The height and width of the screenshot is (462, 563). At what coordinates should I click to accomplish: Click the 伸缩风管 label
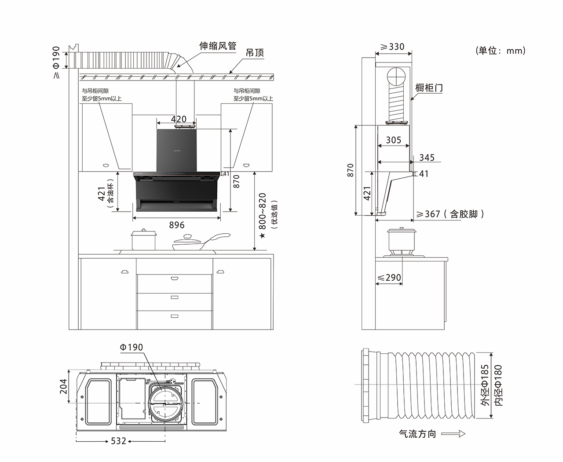coord(218,46)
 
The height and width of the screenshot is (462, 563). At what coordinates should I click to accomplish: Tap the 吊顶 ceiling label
coord(255,53)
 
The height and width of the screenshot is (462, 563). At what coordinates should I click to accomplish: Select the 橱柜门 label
coord(429,88)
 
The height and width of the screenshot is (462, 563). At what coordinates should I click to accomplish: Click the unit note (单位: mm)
coord(501,51)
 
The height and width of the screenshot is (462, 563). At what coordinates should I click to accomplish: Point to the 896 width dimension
coord(177,225)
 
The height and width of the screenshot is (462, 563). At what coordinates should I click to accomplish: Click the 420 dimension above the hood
coord(179,119)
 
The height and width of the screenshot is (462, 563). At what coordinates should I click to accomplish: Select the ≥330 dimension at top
coord(392,47)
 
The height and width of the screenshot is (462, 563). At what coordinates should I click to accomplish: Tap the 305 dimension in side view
coord(393,140)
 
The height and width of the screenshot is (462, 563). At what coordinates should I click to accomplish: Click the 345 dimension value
coord(427,158)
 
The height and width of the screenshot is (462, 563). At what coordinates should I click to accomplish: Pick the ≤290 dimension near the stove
coord(389,278)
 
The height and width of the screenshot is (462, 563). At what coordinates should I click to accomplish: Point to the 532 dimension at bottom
coord(119,440)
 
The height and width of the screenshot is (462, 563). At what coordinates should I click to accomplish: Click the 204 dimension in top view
coord(63,386)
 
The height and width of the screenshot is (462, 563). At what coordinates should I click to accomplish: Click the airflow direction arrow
coord(453,434)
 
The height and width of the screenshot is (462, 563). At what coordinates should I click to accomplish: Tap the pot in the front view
coord(144,240)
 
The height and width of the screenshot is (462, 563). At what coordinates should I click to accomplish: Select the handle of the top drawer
coord(175,278)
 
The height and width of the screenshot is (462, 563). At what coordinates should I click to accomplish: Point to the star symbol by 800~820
coord(263,236)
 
